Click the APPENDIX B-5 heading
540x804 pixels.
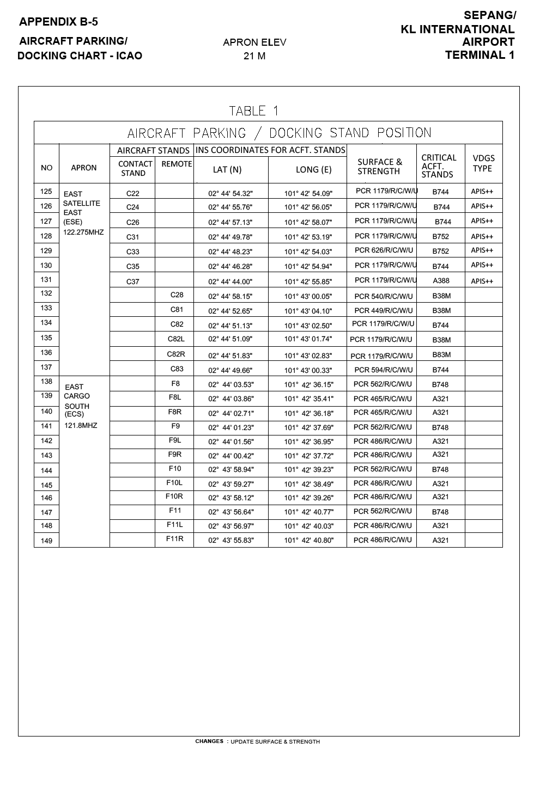click(x=58, y=22)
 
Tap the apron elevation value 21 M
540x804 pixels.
click(x=254, y=56)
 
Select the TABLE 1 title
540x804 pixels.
click(x=254, y=111)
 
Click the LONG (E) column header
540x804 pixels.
click(x=313, y=170)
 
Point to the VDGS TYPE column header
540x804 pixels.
click(x=483, y=163)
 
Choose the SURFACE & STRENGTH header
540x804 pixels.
click(x=379, y=167)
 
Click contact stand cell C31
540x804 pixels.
click(x=132, y=237)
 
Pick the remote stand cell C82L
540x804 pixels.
click(x=176, y=339)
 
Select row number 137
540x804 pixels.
click(x=46, y=367)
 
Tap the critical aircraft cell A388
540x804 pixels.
click(x=441, y=281)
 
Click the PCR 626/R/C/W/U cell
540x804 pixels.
click(x=384, y=250)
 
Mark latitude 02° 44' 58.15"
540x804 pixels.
click(x=230, y=297)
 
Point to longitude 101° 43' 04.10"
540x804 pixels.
click(x=308, y=311)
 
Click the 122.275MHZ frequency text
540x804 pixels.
click(x=83, y=232)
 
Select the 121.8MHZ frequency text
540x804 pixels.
click(x=81, y=426)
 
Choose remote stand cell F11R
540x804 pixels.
click(x=174, y=539)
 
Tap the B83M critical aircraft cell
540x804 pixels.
click(x=441, y=355)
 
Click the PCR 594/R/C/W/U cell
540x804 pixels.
click(x=384, y=370)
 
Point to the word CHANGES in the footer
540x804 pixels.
click(x=209, y=741)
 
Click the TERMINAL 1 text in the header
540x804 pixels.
click(x=480, y=55)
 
